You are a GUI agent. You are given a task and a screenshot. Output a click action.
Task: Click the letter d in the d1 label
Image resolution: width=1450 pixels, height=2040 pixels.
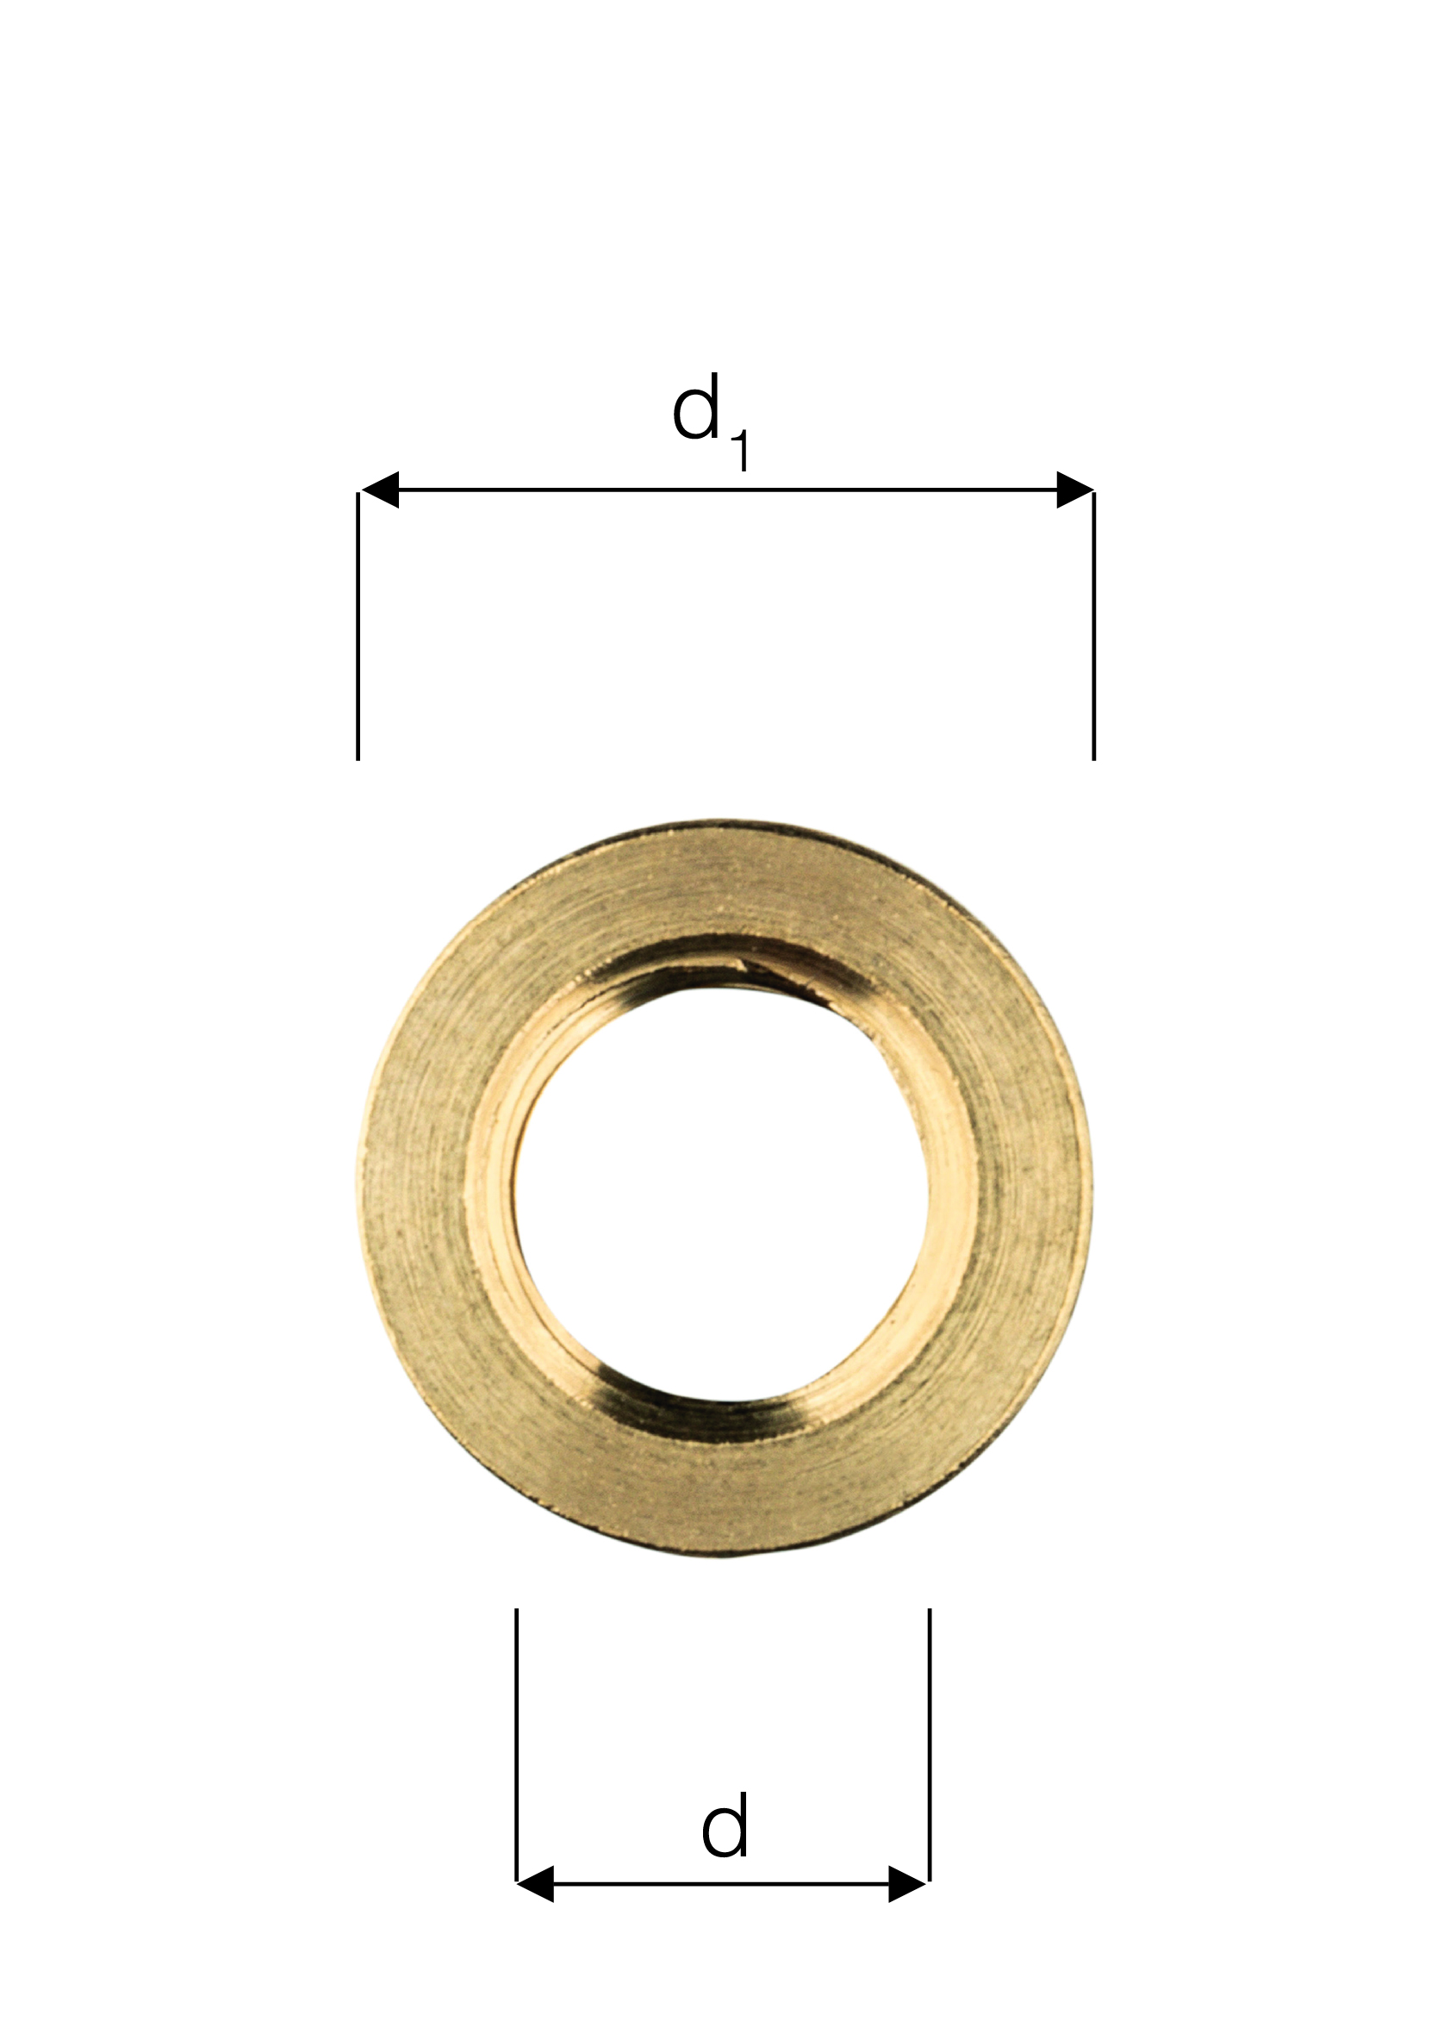click(695, 408)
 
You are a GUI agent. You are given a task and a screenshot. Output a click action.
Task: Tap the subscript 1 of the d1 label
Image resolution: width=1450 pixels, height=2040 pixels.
click(740, 451)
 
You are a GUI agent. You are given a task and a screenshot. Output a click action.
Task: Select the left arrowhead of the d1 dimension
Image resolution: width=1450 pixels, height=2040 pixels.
click(379, 490)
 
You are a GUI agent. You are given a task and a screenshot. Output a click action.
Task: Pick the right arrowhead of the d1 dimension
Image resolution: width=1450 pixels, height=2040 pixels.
click(1074, 490)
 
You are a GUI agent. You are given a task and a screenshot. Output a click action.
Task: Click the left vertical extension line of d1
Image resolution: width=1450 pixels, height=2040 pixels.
click(358, 625)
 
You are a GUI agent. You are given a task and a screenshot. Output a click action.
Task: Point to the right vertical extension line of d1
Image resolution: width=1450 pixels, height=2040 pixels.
click(1094, 625)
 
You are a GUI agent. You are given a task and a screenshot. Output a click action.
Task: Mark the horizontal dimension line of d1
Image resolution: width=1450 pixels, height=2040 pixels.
click(727, 490)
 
